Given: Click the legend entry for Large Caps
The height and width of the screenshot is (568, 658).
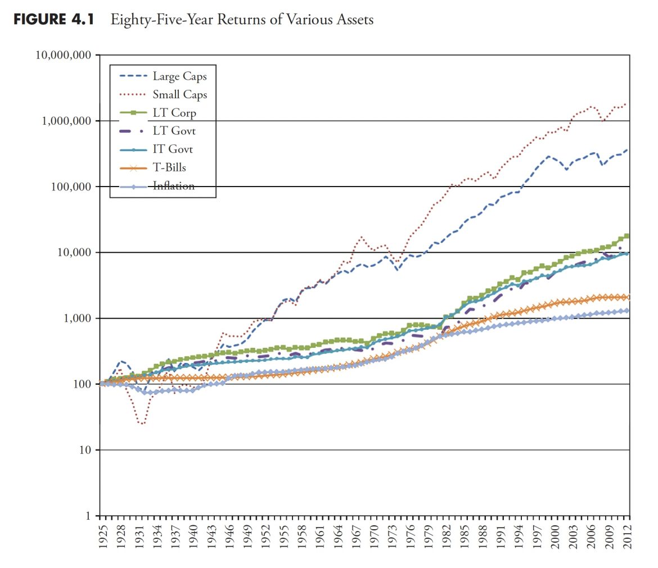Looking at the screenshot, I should [175, 76].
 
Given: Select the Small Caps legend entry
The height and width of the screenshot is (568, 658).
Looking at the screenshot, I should [179, 94].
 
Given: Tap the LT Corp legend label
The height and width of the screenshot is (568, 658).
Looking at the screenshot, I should [174, 113].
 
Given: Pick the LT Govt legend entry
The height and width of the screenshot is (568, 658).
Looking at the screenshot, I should [174, 131].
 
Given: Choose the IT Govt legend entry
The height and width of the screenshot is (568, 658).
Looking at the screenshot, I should [173, 149].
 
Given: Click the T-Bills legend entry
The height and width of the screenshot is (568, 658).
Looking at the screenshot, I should [169, 167].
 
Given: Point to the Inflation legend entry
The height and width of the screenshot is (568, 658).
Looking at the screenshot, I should [173, 186].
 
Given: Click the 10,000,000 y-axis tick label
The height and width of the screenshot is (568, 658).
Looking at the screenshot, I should [64, 56].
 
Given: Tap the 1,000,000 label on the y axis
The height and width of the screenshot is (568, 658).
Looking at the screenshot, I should [66, 121].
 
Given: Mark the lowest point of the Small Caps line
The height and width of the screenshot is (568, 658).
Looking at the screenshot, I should [142, 424].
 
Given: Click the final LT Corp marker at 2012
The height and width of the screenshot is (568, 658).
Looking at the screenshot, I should [627, 236].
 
